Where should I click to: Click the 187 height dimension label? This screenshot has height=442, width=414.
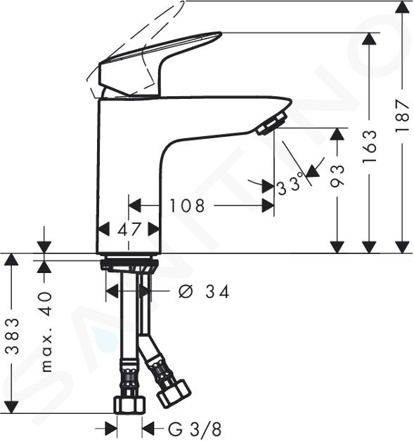point(402,115)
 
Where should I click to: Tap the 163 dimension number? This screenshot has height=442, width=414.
point(370,147)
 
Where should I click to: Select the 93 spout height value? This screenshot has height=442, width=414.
point(337,176)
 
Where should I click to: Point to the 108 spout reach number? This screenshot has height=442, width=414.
point(187,206)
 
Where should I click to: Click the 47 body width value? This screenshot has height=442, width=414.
point(129,229)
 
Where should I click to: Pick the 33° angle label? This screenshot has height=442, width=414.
point(290,185)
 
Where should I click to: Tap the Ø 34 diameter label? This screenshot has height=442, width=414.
point(204,291)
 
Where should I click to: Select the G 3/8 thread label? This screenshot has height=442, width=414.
point(195,429)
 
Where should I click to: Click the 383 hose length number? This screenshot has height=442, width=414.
point(13,336)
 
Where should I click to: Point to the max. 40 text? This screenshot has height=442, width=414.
point(46,332)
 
